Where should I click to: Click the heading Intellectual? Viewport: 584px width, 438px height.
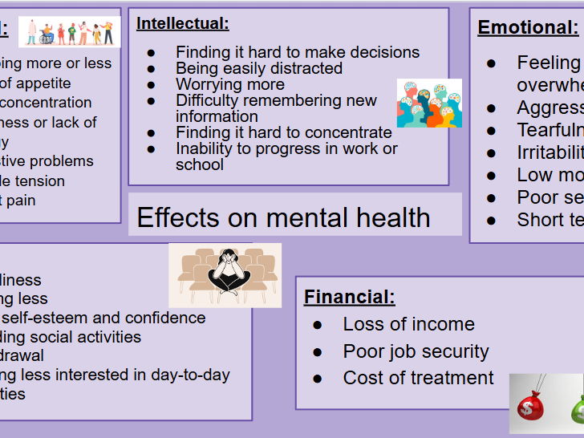pyautogui.click(x=182, y=24)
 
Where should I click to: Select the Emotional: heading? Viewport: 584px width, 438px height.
pyautogui.click(x=527, y=28)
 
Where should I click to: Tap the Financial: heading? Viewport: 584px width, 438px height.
pyautogui.click(x=349, y=298)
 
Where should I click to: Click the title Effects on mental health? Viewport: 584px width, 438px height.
pyautogui.click(x=283, y=217)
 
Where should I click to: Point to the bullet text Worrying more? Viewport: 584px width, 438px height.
pyautogui.click(x=229, y=84)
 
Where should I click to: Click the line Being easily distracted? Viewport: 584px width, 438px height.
pyautogui.click(x=258, y=68)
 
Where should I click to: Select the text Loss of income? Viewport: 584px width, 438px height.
pyautogui.click(x=408, y=324)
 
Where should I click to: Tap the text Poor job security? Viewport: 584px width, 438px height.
pyautogui.click(x=416, y=351)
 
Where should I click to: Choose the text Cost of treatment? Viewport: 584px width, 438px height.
pyautogui.click(x=418, y=378)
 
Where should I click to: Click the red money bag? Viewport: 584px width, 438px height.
pyautogui.click(x=531, y=406)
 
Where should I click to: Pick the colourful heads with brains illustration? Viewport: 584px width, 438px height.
pyautogui.click(x=429, y=103)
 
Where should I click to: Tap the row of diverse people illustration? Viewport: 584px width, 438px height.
pyautogui.click(x=70, y=32)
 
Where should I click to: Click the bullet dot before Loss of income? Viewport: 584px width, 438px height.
pyautogui.click(x=318, y=325)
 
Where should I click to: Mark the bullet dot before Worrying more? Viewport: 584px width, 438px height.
pyautogui.click(x=152, y=85)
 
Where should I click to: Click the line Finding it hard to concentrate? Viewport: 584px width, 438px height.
pyautogui.click(x=284, y=132)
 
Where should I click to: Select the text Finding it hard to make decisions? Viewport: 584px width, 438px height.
pyautogui.click(x=298, y=52)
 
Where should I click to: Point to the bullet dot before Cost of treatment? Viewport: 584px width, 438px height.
pyautogui.click(x=318, y=379)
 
